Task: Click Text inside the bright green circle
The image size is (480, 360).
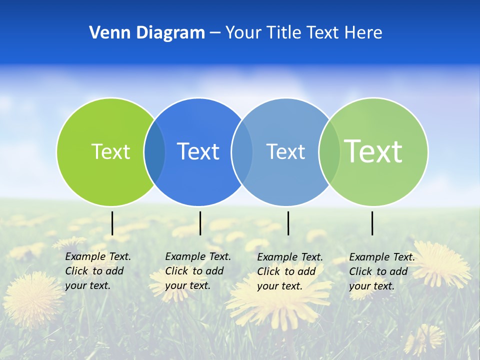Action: tap(110, 151)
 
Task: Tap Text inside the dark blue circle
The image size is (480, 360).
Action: tap(198, 151)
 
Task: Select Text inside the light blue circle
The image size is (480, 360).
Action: tap(285, 151)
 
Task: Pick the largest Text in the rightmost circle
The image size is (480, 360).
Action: tap(373, 151)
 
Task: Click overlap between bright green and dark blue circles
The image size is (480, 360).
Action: tap(154, 152)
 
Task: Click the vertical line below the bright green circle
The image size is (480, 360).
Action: tap(112, 223)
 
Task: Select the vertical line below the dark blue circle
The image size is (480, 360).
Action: tap(200, 223)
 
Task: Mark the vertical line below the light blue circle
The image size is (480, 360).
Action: tap(288, 223)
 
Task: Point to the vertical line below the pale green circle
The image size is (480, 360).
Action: tap(372, 223)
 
